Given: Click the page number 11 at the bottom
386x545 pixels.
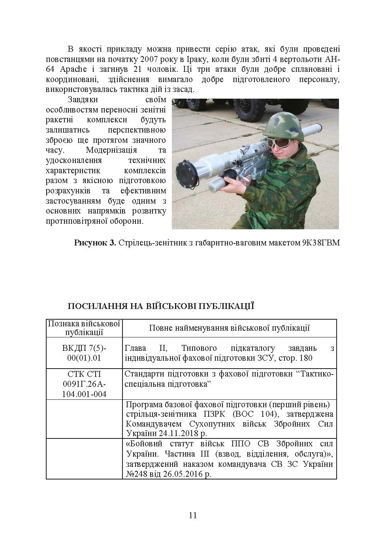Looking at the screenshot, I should [193, 515].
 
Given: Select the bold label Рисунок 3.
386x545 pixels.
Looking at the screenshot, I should [95, 243].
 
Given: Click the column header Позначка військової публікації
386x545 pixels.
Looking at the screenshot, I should [84, 328].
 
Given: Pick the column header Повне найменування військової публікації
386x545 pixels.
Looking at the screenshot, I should [229, 328].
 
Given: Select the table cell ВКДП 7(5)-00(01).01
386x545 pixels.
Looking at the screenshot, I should [84, 353].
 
